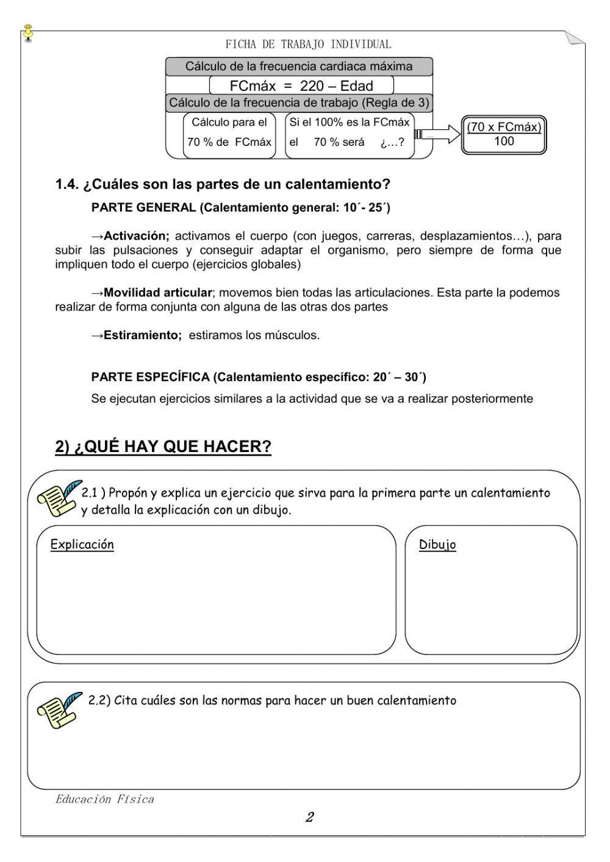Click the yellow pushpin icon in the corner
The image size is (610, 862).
click(28, 32)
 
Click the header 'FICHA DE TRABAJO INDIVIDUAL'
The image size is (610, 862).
click(308, 44)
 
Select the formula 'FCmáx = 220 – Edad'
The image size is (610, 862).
click(301, 85)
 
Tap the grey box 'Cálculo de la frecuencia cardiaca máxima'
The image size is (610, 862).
click(299, 66)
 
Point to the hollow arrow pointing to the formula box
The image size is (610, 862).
click(437, 134)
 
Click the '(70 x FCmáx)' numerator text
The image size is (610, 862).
click(504, 127)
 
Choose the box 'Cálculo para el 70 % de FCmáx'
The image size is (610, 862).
click(229, 132)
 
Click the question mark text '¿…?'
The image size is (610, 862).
click(392, 142)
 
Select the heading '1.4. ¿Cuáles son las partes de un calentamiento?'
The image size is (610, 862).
click(223, 184)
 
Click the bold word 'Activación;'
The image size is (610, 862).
click(137, 235)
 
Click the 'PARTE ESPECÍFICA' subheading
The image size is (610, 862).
click(150, 377)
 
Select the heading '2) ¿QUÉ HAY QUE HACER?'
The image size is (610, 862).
click(163, 447)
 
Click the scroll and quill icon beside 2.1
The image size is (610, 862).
click(58, 498)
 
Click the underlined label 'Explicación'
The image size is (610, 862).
click(82, 544)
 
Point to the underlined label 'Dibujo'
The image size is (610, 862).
click(437, 545)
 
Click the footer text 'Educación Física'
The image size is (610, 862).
click(104, 799)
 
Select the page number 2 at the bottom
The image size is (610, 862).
click(309, 817)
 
